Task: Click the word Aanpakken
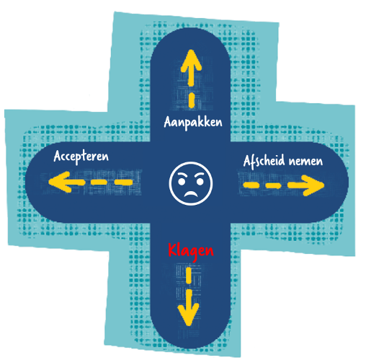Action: click(x=193, y=123)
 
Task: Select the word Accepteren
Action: click(x=81, y=157)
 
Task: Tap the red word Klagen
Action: click(x=191, y=251)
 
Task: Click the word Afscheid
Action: click(x=264, y=161)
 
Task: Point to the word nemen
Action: click(x=305, y=162)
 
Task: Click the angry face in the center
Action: click(x=191, y=183)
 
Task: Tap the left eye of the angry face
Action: click(x=182, y=182)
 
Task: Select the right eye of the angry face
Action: click(x=200, y=182)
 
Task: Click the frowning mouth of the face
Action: click(x=191, y=193)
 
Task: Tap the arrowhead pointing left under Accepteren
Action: click(x=60, y=182)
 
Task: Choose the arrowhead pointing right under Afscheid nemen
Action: click(x=313, y=185)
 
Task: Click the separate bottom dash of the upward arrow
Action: click(x=192, y=100)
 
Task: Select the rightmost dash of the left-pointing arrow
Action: click(x=124, y=183)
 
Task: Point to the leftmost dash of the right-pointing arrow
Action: click(x=251, y=185)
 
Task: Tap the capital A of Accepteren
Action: click(x=57, y=156)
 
